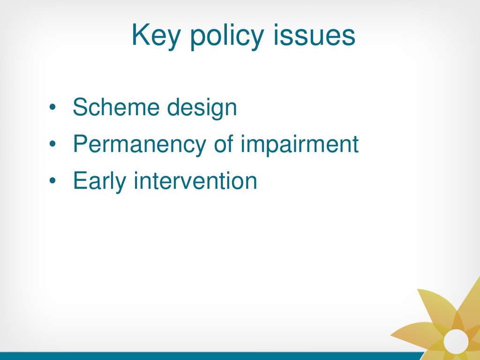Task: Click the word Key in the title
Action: click(x=156, y=36)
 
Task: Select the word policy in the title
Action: click(x=227, y=36)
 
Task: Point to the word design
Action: click(x=202, y=108)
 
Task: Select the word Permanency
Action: click(x=139, y=145)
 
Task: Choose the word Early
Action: click(x=99, y=181)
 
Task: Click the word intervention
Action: click(x=195, y=180)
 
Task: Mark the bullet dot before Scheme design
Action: click(x=52, y=107)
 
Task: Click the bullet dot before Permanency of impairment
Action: click(x=52, y=144)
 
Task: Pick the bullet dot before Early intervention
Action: click(x=52, y=180)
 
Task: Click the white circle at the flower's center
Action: click(x=456, y=341)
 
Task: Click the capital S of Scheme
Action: click(x=81, y=107)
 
